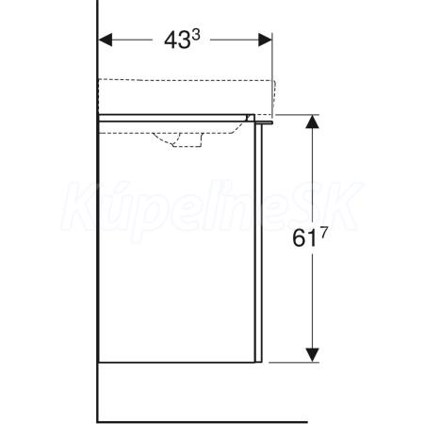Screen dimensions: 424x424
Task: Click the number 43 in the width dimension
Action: coord(177,41)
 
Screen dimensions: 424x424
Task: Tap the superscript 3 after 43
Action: coord(196,36)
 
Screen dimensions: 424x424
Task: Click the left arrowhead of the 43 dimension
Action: coord(106,40)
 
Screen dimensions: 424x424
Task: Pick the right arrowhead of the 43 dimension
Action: coord(265,40)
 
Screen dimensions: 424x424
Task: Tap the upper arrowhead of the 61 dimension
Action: coord(312,122)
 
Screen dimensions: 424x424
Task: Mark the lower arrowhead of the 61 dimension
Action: coord(312,355)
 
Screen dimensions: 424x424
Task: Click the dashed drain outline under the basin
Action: coord(179,139)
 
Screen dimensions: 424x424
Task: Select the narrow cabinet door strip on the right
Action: coord(258,242)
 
